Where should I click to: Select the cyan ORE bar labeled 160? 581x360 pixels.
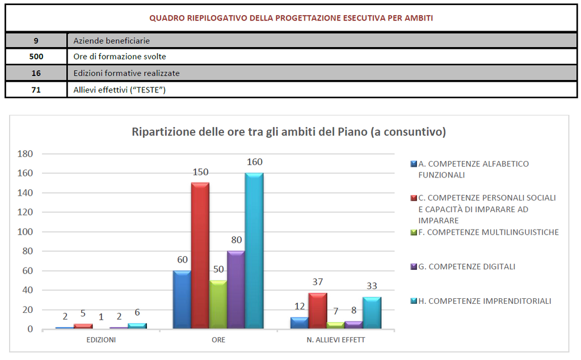pyautogui.click(x=254, y=251)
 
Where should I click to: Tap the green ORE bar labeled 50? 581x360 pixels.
pyautogui.click(x=218, y=304)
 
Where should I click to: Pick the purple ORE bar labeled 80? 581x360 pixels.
pyautogui.click(x=236, y=289)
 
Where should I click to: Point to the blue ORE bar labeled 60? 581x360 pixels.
pyautogui.click(x=182, y=299)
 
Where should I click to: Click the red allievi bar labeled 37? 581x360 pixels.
pyautogui.click(x=318, y=311)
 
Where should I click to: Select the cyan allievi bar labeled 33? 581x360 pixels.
pyautogui.click(x=372, y=313)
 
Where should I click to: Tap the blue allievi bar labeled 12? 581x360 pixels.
pyautogui.click(x=300, y=323)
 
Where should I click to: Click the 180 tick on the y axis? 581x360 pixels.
pyautogui.click(x=27, y=154)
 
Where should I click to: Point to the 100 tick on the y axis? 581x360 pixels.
pyautogui.click(x=27, y=232)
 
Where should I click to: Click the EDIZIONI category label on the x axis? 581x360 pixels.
pyautogui.click(x=101, y=340)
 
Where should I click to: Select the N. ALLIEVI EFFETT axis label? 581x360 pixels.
pyautogui.click(x=336, y=340)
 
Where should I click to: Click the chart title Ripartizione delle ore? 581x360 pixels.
pyautogui.click(x=288, y=132)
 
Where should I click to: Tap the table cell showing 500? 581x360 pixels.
pyautogui.click(x=36, y=57)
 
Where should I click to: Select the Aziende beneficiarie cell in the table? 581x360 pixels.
pyautogui.click(x=111, y=41)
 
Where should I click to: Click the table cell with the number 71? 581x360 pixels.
pyautogui.click(x=36, y=90)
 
